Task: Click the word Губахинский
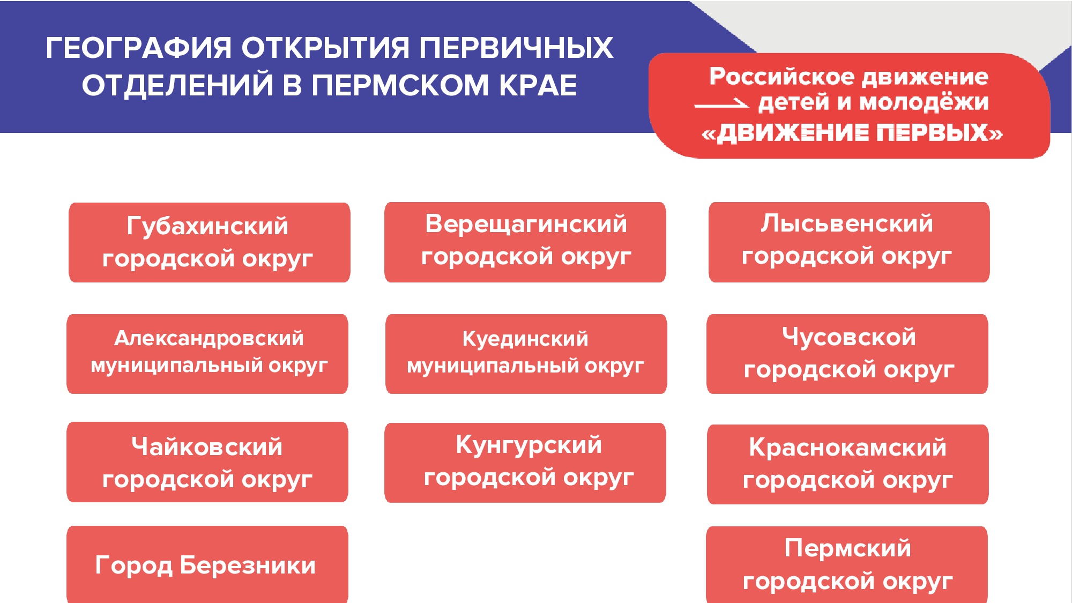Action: coord(207,226)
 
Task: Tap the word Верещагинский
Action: coord(526,224)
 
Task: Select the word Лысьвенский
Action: coord(847,224)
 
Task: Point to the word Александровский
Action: coord(209,338)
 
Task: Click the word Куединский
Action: coord(525,339)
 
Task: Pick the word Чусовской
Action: coord(849,337)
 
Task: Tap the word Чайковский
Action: coord(207,446)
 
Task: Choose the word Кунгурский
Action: coord(528,445)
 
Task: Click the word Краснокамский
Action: coord(847,447)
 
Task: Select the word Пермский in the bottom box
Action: coord(847,548)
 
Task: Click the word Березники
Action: coord(248,565)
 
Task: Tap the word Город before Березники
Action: coord(133,565)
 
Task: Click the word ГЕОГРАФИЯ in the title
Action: coord(139,48)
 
